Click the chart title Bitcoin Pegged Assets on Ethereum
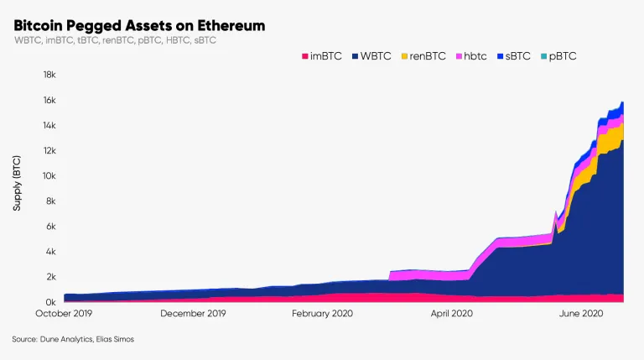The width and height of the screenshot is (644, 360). coord(139,26)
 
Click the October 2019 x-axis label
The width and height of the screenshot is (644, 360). coord(64,314)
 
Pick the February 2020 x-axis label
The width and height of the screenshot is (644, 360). coord(322,314)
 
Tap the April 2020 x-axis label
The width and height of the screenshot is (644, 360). coord(451,314)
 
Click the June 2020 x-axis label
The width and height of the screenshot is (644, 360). coord(580,314)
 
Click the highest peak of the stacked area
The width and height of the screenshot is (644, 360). coord(622,102)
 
